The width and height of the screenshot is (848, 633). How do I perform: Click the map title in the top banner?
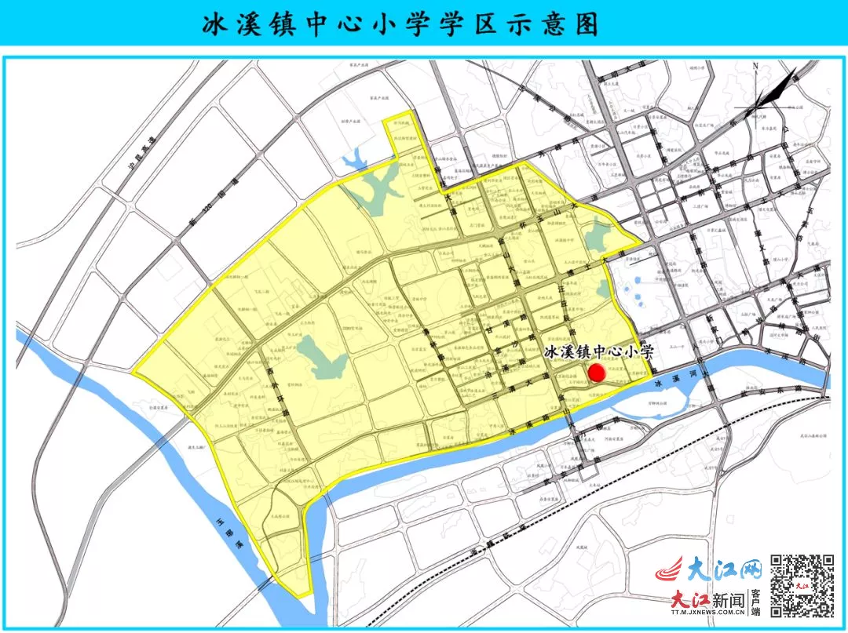(400, 24)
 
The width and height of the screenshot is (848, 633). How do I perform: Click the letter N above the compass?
(755, 66)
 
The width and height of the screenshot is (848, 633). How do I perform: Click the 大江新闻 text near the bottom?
(707, 601)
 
